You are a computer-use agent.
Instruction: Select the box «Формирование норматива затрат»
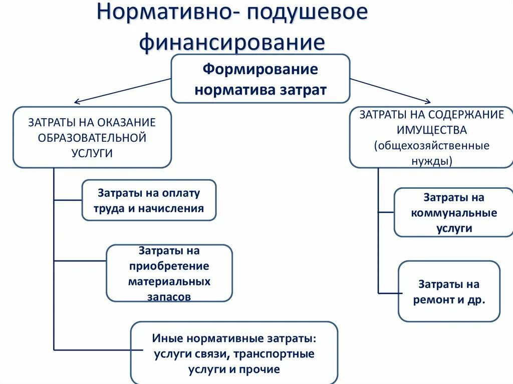pyautogui.click(x=260, y=79)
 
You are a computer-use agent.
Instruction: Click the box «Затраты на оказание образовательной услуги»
pyautogui.click(x=92, y=137)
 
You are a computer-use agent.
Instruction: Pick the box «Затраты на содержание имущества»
pyautogui.click(x=431, y=137)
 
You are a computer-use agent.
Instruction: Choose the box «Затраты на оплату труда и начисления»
pyautogui.click(x=149, y=200)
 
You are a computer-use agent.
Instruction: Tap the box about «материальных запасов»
pyautogui.click(x=169, y=273)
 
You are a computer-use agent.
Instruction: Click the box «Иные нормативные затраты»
pyautogui.click(x=234, y=353)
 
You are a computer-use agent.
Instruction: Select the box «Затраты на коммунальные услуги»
pyautogui.click(x=454, y=212)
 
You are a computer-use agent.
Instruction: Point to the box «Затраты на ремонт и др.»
pyautogui.click(x=449, y=291)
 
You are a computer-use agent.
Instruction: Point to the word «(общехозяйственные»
pyautogui.click(x=431, y=146)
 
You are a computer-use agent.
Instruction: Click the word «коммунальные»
pyautogui.click(x=454, y=213)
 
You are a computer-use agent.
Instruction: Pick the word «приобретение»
pyautogui.click(x=169, y=266)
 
